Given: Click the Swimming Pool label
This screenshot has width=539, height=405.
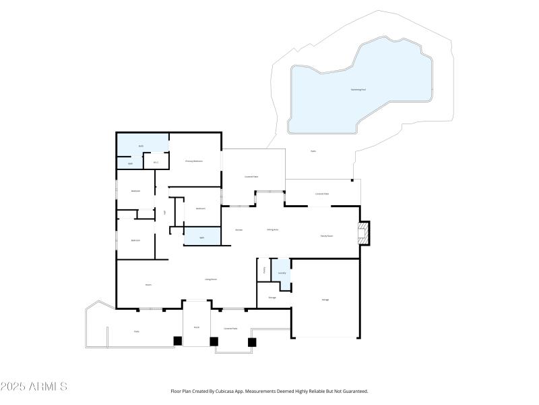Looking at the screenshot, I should point(359,89).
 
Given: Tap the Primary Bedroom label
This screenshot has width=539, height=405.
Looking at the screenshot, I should point(194,161).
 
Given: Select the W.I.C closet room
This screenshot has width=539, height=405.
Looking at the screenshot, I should point(156,162).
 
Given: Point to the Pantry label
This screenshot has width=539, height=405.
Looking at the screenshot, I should point(264,269).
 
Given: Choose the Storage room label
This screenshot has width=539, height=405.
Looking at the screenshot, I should point(272,297).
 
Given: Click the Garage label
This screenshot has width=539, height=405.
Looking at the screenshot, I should point(325,299).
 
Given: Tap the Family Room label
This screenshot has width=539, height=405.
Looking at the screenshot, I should point(326,236).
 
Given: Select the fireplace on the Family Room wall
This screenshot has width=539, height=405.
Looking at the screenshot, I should point(364,234).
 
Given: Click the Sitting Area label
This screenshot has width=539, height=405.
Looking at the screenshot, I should point(273,230).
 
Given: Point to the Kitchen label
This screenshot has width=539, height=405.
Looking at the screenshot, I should point(239,230).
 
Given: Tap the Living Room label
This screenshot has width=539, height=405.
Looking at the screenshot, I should point(210,279).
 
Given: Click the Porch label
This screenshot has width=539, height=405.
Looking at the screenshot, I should point(197,327).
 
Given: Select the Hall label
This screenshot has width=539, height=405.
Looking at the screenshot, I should point(164,213).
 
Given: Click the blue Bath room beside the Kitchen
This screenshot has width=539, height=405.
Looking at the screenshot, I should point(202,237).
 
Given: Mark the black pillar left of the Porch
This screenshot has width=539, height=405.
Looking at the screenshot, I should point(178,341).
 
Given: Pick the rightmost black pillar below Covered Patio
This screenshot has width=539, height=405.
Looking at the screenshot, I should point(252,342).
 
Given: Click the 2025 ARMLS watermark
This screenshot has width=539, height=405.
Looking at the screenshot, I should point(34,387).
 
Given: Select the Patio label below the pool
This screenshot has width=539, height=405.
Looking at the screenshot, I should point(313,151).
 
